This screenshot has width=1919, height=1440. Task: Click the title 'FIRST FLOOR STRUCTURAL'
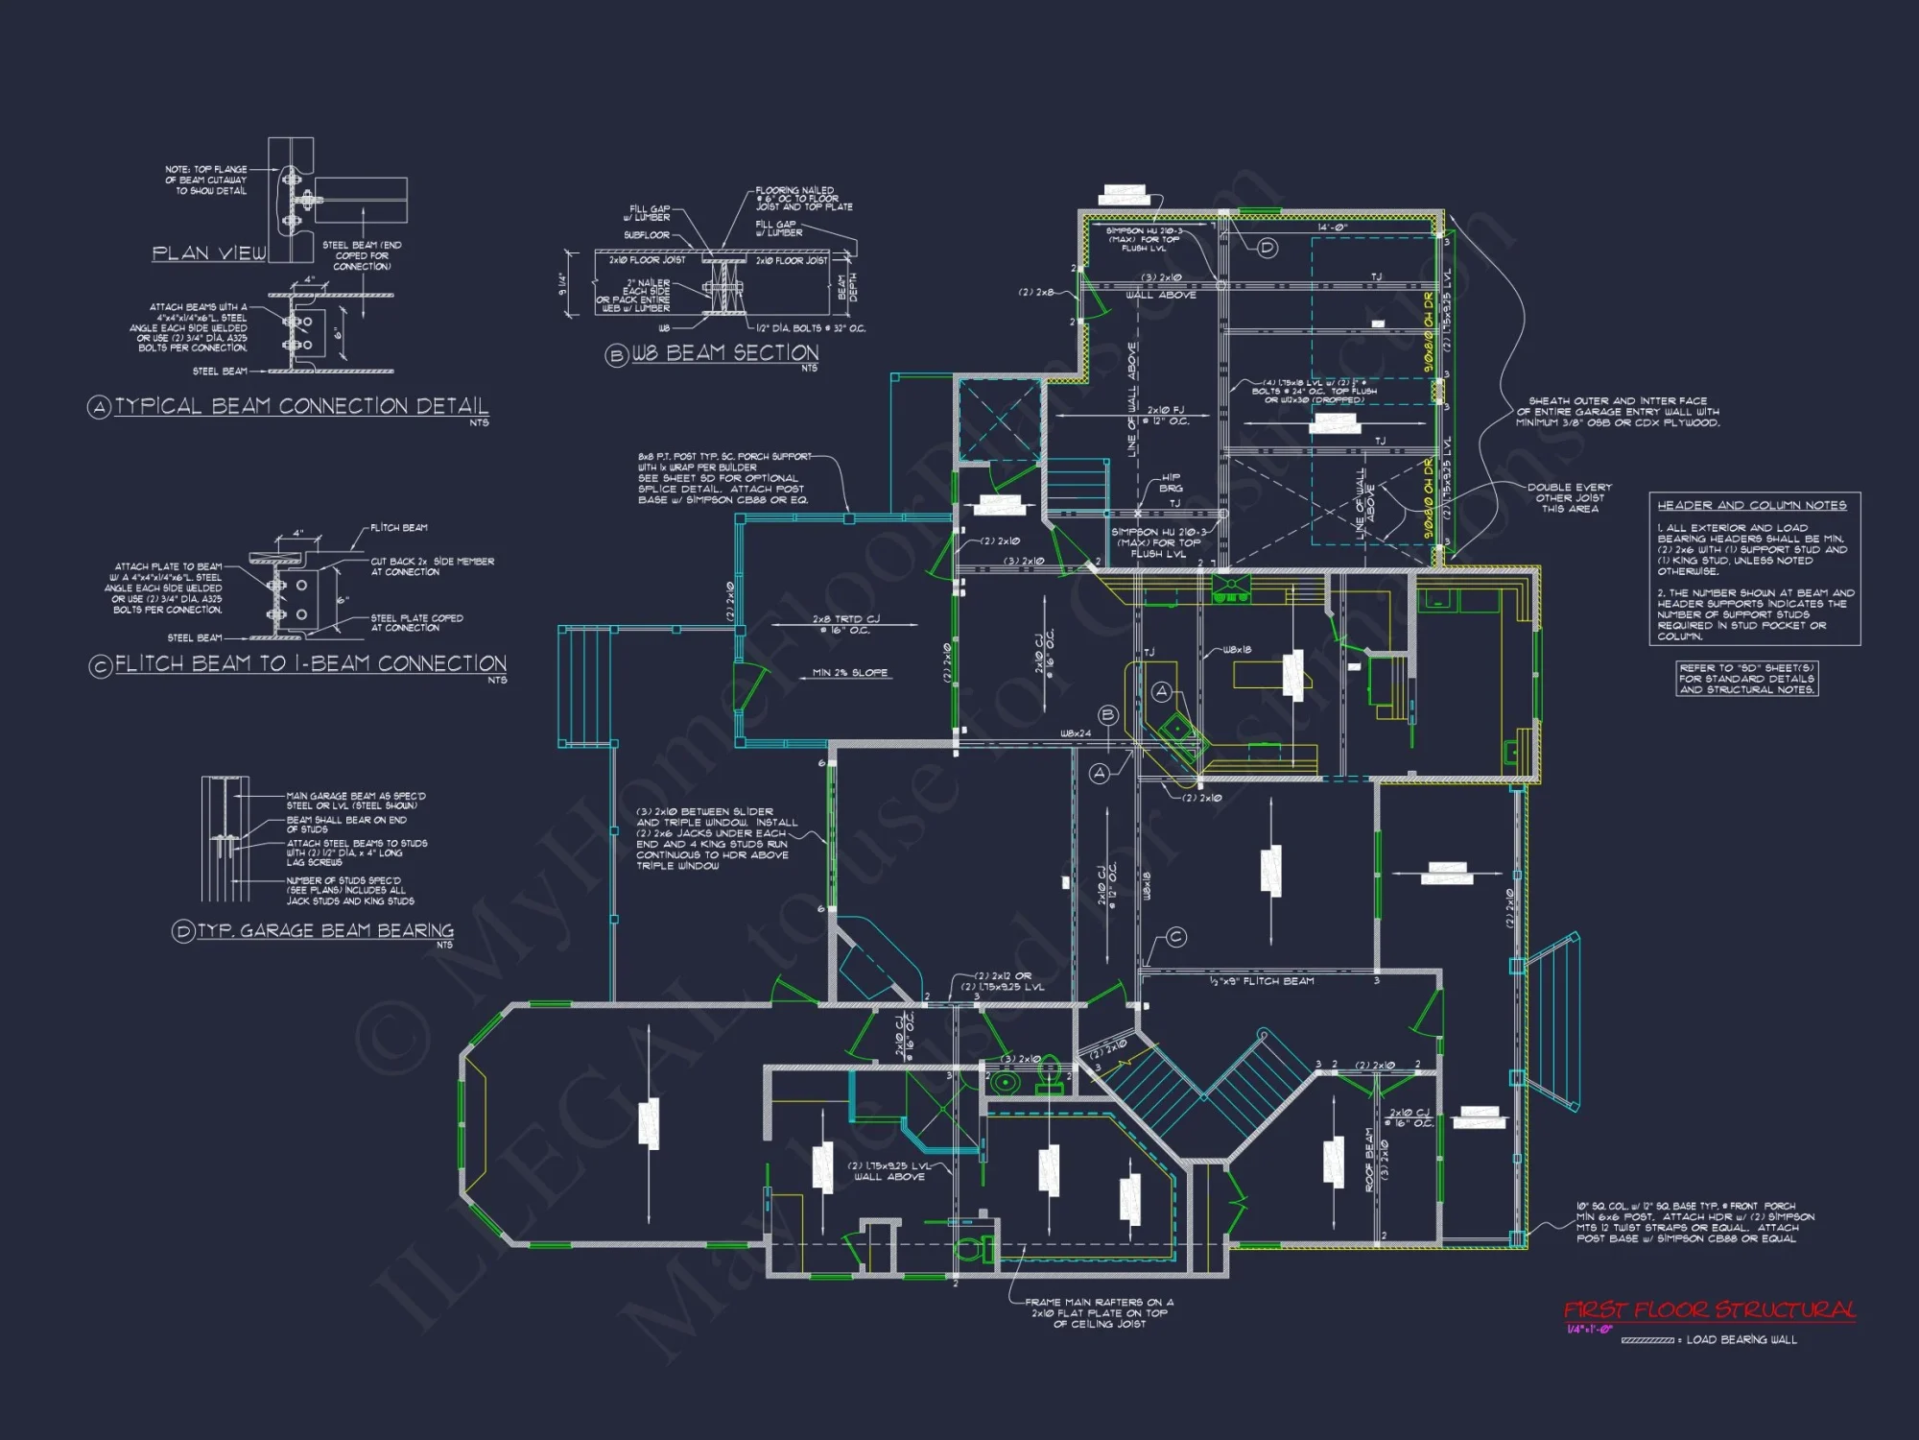[1709, 1310]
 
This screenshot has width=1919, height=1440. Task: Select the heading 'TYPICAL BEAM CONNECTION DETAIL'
[301, 406]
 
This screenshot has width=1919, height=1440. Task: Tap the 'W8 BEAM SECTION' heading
[724, 353]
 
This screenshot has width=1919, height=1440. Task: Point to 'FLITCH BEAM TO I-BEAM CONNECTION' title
[310, 664]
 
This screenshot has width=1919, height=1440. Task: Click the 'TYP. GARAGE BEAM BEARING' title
[325, 930]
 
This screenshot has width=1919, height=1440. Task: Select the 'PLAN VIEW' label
[209, 253]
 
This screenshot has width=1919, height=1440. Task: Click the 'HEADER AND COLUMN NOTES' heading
[1751, 505]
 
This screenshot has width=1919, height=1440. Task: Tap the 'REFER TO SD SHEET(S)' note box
[1746, 679]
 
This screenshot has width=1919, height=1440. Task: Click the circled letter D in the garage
[1267, 248]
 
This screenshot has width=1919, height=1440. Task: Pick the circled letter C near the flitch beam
[1176, 937]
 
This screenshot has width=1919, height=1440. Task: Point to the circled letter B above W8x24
[1108, 714]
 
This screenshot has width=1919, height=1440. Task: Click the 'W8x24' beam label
[1075, 733]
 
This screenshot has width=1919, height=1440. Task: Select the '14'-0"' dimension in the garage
[1332, 228]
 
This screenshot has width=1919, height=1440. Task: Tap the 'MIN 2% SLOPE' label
[850, 673]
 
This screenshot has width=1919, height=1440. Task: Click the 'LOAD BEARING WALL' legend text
[1741, 1339]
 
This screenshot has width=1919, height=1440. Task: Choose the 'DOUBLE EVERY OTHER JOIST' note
[1570, 498]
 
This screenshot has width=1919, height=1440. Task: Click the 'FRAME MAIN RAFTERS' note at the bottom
[1099, 1313]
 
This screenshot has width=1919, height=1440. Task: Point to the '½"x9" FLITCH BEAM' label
[1262, 981]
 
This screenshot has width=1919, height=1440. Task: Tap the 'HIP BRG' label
[1172, 483]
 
